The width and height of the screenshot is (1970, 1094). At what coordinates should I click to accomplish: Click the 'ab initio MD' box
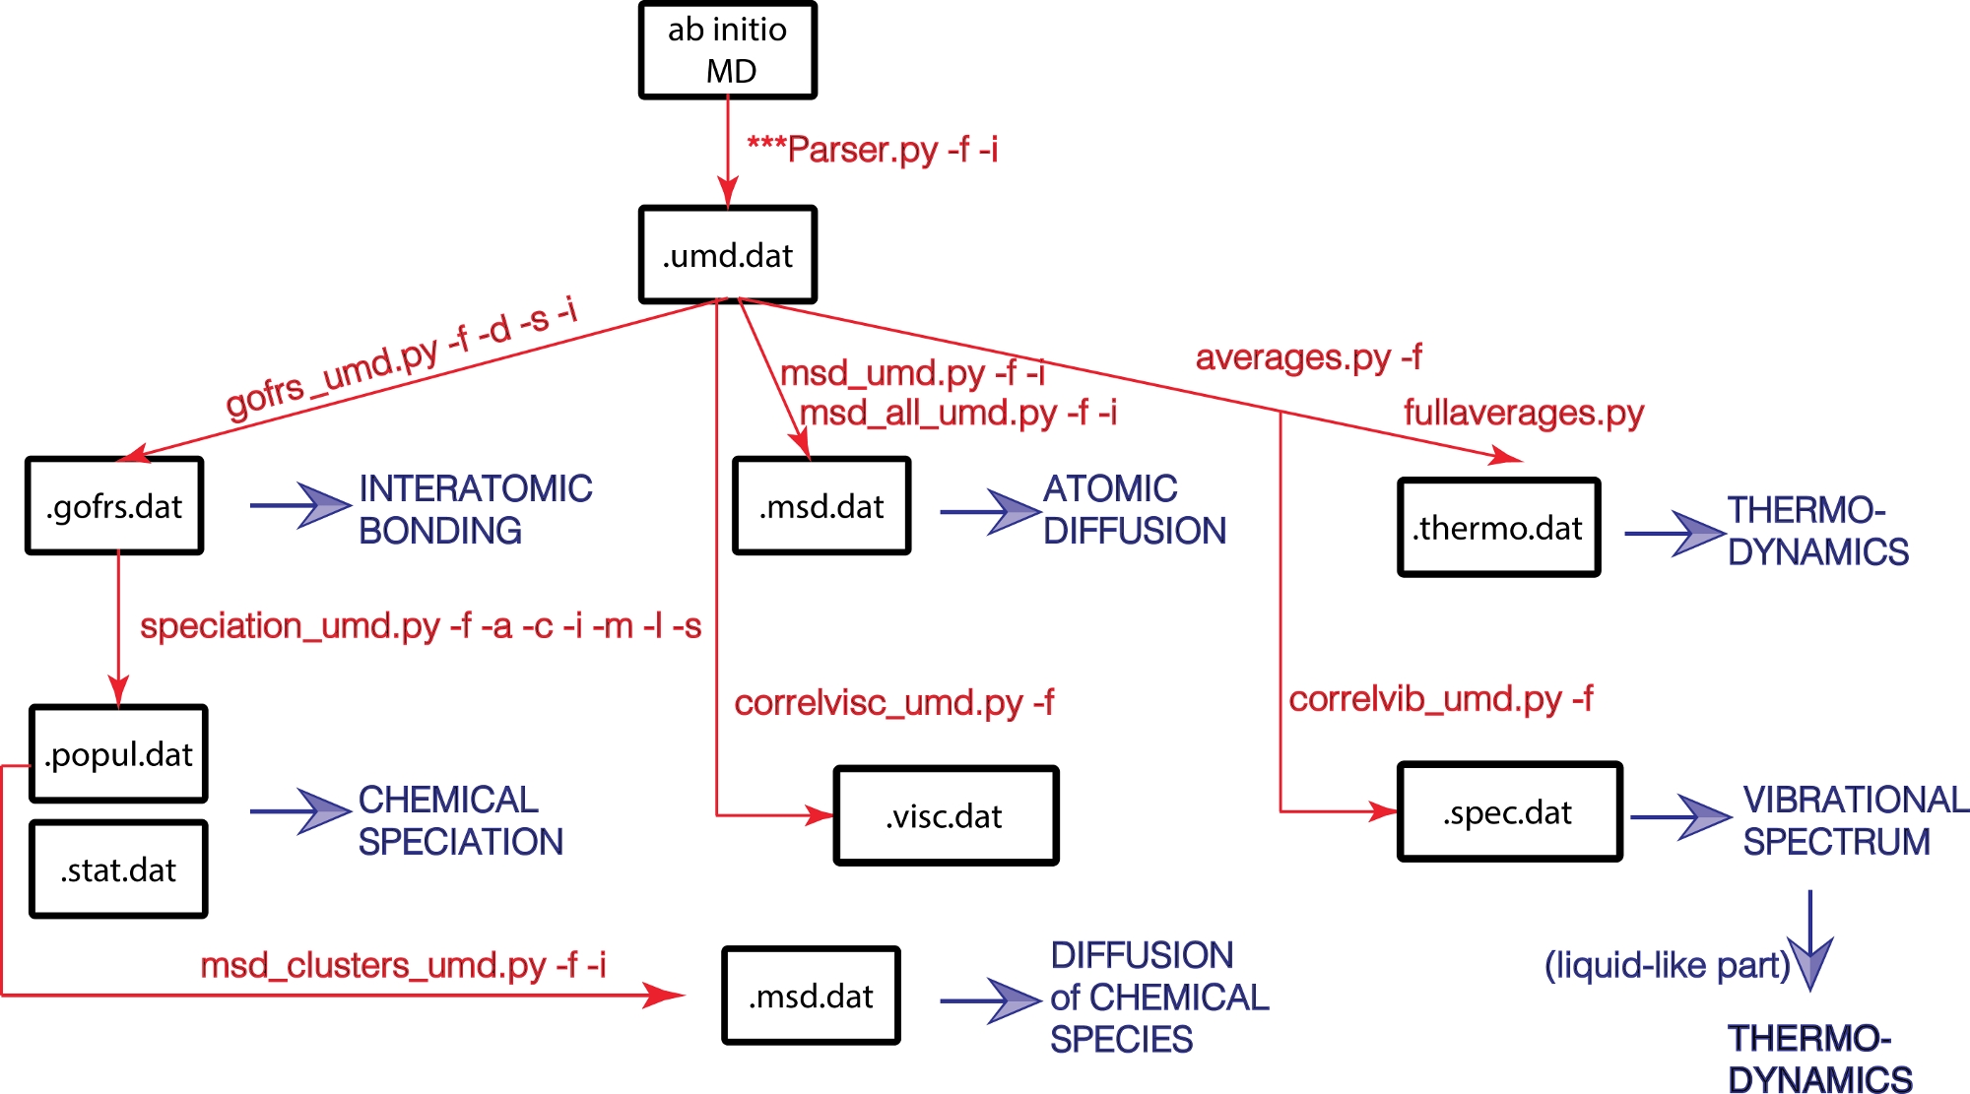(728, 50)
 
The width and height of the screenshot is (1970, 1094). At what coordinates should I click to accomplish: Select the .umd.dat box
(728, 255)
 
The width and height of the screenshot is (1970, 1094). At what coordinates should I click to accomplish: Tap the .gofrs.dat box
(114, 506)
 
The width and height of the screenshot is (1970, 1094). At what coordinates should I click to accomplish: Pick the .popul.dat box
(118, 754)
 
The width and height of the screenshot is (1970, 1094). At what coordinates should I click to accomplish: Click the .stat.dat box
(118, 869)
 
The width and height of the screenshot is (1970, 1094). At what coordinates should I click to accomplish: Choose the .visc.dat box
(946, 815)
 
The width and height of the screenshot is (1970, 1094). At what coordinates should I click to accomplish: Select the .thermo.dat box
(1498, 528)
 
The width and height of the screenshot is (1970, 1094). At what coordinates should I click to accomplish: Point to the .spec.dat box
(1509, 812)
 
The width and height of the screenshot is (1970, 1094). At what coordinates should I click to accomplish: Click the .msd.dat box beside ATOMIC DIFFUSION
(821, 506)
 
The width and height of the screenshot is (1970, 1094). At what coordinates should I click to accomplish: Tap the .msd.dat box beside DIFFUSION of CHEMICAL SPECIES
(811, 997)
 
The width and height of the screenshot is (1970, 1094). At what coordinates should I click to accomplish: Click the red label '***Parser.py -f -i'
(873, 150)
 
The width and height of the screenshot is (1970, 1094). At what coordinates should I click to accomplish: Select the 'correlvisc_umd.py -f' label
(893, 703)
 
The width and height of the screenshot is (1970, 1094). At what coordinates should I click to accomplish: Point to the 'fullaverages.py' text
(1524, 413)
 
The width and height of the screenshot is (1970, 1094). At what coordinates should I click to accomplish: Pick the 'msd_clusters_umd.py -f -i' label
(403, 965)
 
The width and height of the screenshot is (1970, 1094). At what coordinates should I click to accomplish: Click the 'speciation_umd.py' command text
(290, 626)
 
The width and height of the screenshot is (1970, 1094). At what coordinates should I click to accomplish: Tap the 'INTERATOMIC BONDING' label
(475, 509)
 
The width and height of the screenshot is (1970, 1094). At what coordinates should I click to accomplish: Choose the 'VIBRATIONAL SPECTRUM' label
(1855, 820)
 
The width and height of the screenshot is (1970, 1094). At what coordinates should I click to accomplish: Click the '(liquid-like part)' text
(1667, 965)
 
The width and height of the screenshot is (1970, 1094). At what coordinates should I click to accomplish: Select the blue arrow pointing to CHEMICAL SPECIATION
(301, 811)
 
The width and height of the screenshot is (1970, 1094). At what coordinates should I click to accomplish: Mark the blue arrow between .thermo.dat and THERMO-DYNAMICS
(1674, 534)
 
